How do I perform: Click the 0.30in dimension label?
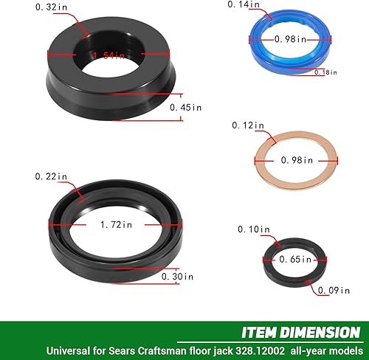(x=176, y=277)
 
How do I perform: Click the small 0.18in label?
(x=325, y=72)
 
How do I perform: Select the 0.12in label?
(x=249, y=125)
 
